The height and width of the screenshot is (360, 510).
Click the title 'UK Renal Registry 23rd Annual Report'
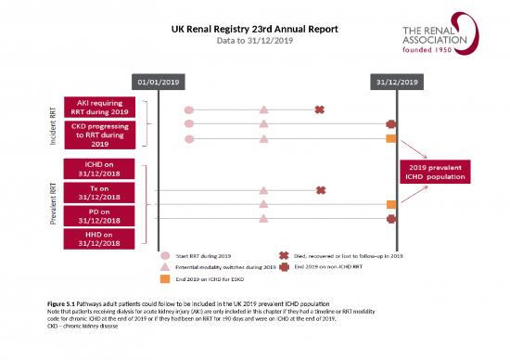255,29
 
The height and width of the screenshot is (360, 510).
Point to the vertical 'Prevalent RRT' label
52,204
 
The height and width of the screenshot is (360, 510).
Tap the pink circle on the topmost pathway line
189,110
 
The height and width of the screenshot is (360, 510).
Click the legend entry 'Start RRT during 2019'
210,254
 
